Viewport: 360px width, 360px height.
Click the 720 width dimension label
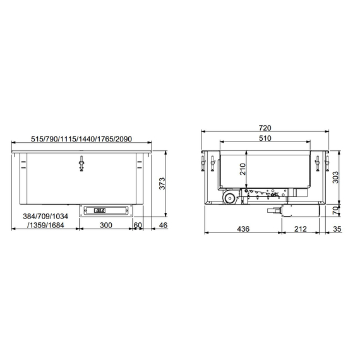(x=264, y=128)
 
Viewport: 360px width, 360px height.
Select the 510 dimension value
(x=264, y=138)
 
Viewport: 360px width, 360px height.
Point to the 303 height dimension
(x=337, y=177)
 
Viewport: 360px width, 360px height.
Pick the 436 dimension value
(x=243, y=229)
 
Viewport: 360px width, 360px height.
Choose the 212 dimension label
(x=300, y=229)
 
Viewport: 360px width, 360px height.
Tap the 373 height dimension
(x=162, y=184)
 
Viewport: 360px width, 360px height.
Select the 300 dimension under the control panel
(x=105, y=225)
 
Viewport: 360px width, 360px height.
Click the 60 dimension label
(x=138, y=225)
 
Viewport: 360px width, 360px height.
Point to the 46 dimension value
(x=162, y=225)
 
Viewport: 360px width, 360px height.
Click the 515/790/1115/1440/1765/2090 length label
(x=81, y=139)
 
